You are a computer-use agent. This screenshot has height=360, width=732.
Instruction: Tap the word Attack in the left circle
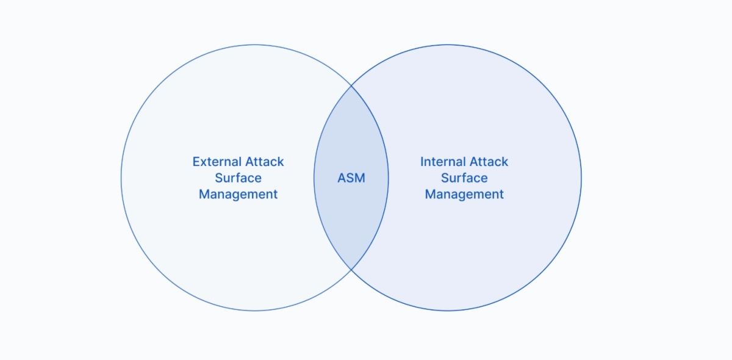click(265, 162)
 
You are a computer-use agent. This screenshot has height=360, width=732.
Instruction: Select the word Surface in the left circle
click(239, 178)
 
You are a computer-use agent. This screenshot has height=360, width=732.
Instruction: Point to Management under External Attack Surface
click(239, 195)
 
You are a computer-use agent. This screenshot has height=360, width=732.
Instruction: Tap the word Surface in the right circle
click(464, 178)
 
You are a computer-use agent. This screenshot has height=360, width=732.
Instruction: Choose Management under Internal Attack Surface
click(464, 195)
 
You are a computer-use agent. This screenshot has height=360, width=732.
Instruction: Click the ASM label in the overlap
click(351, 178)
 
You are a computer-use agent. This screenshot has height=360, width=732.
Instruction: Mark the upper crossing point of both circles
click(351, 86)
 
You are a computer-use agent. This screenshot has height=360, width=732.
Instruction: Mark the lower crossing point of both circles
click(351, 269)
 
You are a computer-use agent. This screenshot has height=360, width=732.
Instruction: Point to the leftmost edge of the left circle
click(121, 178)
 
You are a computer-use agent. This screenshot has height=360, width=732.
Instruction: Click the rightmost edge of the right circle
click(581, 178)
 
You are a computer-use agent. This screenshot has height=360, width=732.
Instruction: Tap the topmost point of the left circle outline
click(254, 44)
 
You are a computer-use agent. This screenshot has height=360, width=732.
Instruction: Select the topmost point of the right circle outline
click(448, 44)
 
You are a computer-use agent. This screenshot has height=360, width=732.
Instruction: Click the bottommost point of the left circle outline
click(254, 311)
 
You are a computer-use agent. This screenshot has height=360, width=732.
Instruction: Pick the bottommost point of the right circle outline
click(448, 311)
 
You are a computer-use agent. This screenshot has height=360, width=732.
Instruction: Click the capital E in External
click(196, 162)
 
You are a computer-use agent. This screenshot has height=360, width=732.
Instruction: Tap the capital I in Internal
click(422, 162)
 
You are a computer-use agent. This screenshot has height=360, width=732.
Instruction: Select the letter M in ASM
click(359, 178)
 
